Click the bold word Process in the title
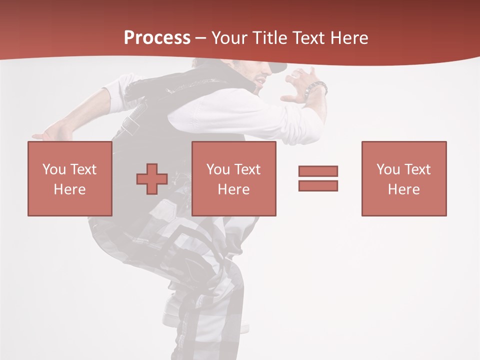click(157, 38)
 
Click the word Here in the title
click(349, 38)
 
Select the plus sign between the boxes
click(152, 178)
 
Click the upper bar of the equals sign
click(318, 171)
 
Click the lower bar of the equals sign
click(318, 185)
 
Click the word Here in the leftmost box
click(69, 189)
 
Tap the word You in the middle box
click(218, 169)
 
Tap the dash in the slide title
click(201, 38)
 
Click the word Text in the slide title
click(308, 38)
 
